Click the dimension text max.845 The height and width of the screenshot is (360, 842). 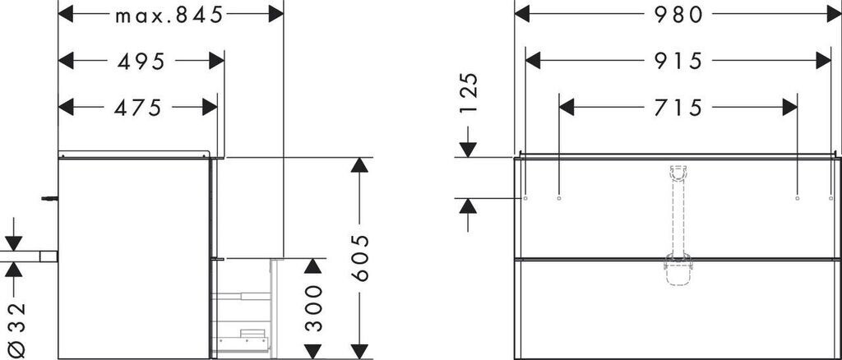click(169, 16)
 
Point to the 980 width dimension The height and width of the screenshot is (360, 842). click(678, 15)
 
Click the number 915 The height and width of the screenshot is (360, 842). click(678, 61)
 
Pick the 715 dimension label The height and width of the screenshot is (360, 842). click(678, 107)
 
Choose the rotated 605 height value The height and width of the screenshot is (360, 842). click(359, 258)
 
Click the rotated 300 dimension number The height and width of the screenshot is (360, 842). click(313, 308)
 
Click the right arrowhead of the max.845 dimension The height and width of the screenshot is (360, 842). click(275, 15)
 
